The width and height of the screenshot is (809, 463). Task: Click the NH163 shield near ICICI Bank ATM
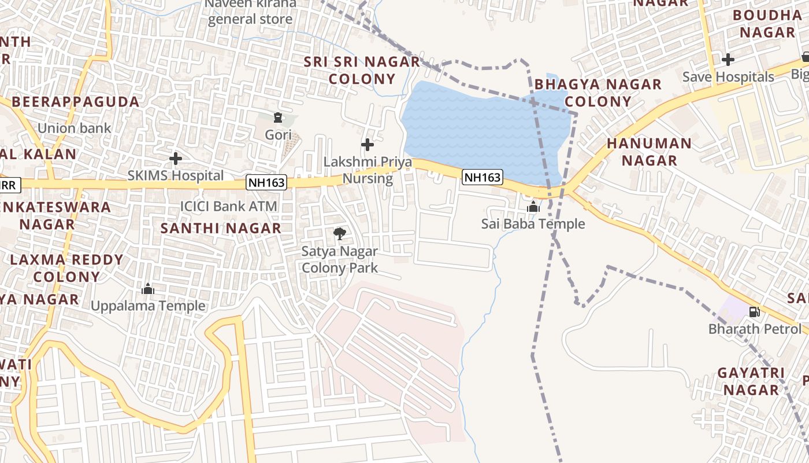coord(266,183)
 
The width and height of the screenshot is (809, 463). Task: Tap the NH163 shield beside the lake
coord(483,177)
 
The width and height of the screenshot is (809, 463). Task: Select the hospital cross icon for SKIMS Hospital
coord(176,158)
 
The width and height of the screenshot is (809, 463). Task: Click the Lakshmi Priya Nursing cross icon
coord(367,144)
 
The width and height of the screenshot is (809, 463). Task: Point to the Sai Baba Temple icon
coord(533,207)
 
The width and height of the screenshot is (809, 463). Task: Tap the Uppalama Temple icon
coord(148,289)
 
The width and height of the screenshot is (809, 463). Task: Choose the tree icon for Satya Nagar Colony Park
coord(340,234)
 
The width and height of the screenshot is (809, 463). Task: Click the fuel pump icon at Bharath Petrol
coord(755,312)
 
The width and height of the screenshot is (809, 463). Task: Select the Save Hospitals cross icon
coord(728,59)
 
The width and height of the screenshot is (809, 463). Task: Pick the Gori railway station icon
coord(278,117)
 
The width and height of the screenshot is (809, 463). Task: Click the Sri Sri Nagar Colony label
coord(362,70)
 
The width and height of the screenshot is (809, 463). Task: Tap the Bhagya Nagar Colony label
coord(598,93)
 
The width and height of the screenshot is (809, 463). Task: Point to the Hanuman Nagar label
coord(650,152)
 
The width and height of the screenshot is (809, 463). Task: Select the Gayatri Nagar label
coord(751,381)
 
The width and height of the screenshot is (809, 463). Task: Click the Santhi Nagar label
coord(221,228)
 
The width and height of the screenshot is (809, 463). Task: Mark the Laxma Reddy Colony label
coord(66,268)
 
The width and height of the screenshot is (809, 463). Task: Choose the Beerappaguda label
coord(75,102)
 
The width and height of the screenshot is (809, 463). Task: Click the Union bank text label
coord(74,128)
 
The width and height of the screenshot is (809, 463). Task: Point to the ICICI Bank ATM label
coord(229,206)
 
